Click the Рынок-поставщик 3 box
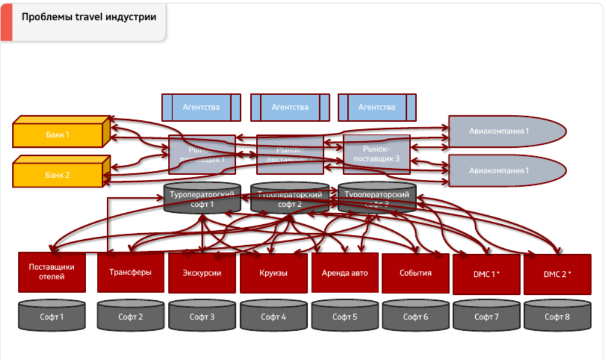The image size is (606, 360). coord(377,154)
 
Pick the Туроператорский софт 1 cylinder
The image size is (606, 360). coord(202,199)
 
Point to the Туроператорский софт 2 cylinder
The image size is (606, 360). coord(290,199)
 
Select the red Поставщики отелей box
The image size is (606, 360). coord(52,271)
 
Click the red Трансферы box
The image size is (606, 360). coord(130,272)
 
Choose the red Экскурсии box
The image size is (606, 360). coord(202,273)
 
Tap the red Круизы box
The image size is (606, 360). coord(273,273)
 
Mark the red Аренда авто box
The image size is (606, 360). coord(345,273)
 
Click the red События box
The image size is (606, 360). coord(415,273)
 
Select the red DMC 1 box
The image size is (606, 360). coord(486,274)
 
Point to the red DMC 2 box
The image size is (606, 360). coord(557,274)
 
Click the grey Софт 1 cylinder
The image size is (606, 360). coord(52,316)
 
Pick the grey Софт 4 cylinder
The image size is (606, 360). coord(273,316)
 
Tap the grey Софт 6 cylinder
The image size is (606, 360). coord(415,316)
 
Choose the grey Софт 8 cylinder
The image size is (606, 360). coord(557,316)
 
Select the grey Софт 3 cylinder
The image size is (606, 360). coord(202,316)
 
